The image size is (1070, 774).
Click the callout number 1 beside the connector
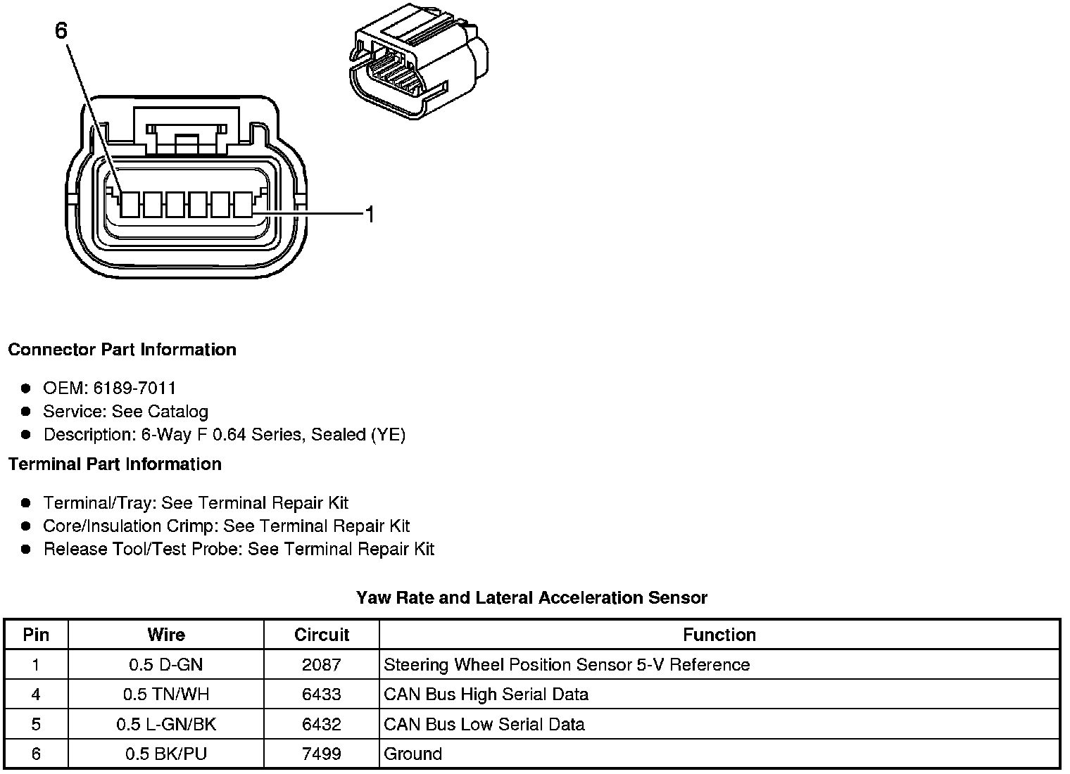tap(369, 214)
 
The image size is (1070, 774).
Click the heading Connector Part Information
tap(122, 350)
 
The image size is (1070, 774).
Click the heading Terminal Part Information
tap(115, 464)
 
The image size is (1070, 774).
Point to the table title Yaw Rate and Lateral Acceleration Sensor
tap(531, 598)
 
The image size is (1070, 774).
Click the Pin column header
tap(36, 635)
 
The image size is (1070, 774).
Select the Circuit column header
tap(322, 635)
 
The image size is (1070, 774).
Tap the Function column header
tap(719, 635)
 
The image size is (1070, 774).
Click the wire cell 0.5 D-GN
tap(166, 665)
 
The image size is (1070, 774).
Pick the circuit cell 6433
tap(322, 694)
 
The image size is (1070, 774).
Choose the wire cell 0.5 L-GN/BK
tap(166, 724)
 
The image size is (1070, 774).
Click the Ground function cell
tap(413, 754)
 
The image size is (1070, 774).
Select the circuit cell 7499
tap(322, 754)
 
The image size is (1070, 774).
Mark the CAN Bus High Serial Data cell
tap(486, 694)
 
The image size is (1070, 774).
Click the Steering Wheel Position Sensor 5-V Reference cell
tap(567, 665)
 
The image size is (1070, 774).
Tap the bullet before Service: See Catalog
tap(26, 411)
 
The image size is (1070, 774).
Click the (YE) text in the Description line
tap(388, 435)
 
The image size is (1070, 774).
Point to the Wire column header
tap(166, 635)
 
